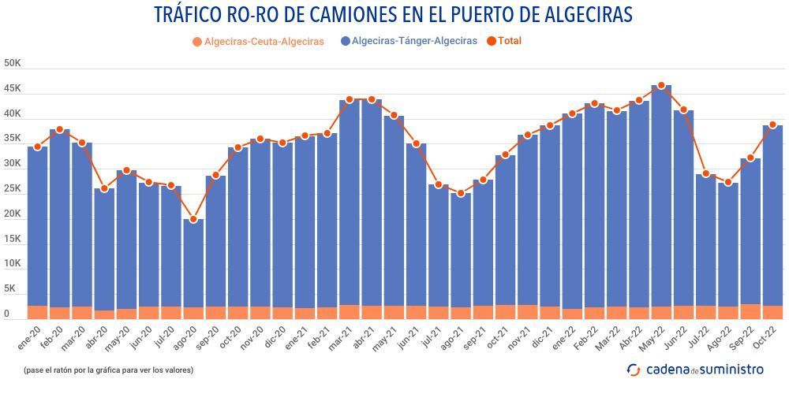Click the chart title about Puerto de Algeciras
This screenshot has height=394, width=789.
pos(394,15)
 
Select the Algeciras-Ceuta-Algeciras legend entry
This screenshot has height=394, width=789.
pos(257,42)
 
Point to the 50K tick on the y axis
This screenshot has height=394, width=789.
pos(12,63)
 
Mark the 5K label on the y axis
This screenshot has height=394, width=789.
pos(12,289)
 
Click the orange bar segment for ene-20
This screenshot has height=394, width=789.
pos(37,312)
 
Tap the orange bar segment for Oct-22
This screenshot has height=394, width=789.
pos(772,312)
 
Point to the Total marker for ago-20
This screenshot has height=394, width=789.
pos(193,219)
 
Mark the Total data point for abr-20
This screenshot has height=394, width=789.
pos(104,189)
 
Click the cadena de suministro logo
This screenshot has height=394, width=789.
pos(695,369)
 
